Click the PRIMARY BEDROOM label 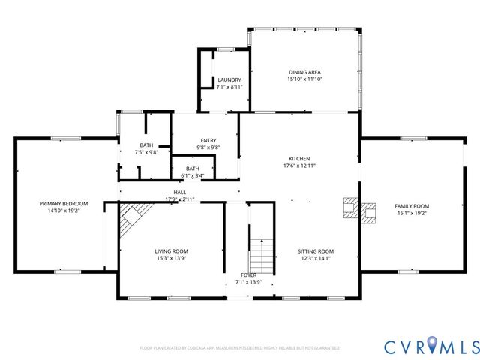[x=64, y=204]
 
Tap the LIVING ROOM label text [x=171, y=251]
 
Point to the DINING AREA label [x=304, y=73]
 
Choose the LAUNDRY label [x=229, y=79]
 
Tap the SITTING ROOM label [x=315, y=251]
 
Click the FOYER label [x=248, y=275]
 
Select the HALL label [x=180, y=193]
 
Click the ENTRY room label [x=208, y=141]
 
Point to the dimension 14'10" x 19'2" [x=64, y=211]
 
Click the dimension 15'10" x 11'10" [x=304, y=79]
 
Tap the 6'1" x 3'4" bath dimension [x=193, y=176]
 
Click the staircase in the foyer [x=260, y=256]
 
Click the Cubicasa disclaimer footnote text [x=240, y=348]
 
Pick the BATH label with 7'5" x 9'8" [x=146, y=145]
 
